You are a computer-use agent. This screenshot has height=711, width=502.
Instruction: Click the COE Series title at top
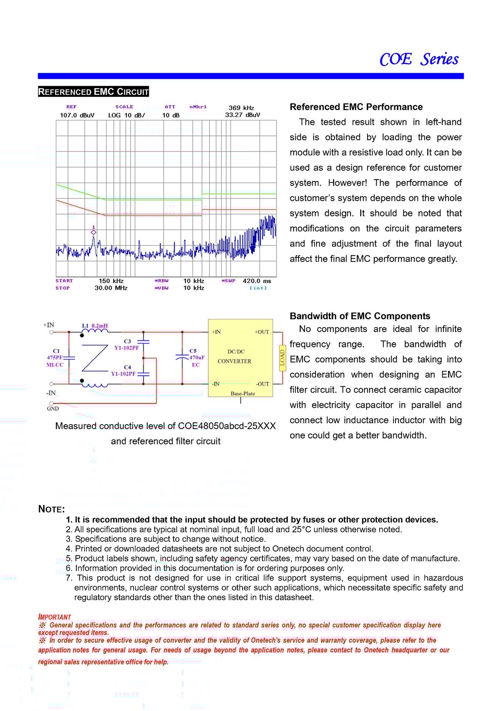click(x=419, y=59)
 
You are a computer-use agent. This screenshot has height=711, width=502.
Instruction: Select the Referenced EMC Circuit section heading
click(x=93, y=92)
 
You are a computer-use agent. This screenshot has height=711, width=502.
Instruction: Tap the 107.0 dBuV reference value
click(x=77, y=115)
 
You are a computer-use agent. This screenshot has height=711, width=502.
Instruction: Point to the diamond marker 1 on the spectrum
click(x=93, y=232)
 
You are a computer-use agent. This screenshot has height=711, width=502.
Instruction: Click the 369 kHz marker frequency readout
click(x=241, y=108)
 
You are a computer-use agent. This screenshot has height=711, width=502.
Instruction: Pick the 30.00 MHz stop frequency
click(x=111, y=288)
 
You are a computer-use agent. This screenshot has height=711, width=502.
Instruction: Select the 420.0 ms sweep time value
click(x=257, y=281)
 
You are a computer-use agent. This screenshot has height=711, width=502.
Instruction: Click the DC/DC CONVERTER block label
click(x=235, y=357)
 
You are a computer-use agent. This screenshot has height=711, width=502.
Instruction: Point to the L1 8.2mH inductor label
click(x=95, y=326)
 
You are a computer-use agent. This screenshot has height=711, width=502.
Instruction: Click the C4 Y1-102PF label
click(x=124, y=371)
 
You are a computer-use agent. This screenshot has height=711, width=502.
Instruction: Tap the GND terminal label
click(x=53, y=409)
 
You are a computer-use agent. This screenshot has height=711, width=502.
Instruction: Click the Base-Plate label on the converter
click(x=243, y=394)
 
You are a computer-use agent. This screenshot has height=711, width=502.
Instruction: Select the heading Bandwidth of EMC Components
click(x=360, y=316)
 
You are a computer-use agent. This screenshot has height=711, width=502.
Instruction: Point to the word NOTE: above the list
click(x=52, y=509)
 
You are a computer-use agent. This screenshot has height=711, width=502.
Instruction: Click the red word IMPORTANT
click(x=55, y=617)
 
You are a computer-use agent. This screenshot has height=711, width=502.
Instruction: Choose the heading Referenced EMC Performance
click(x=356, y=107)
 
